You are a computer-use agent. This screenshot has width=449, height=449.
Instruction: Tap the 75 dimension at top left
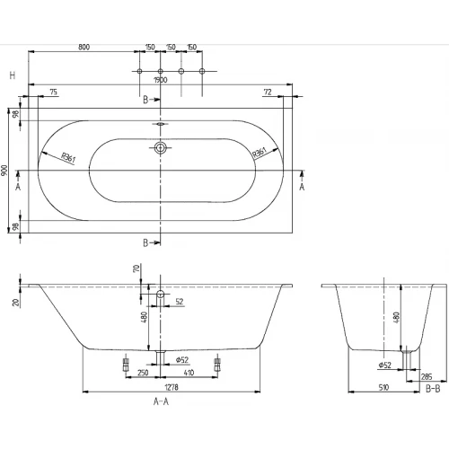click(x=54, y=92)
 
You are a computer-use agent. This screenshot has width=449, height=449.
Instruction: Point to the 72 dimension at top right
click(x=267, y=92)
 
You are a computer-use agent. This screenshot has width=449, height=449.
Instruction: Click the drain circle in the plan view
click(x=161, y=147)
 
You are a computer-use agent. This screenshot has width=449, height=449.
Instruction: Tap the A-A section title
click(x=161, y=404)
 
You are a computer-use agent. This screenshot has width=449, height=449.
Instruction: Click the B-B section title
click(x=432, y=388)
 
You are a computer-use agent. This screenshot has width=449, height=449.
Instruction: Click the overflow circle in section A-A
click(x=161, y=295)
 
